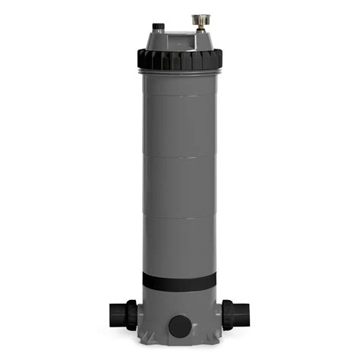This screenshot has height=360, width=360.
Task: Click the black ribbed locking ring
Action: click(179, 58)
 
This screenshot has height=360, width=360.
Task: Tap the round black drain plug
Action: click(179, 326)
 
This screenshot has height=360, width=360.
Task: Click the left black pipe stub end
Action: click(116, 313)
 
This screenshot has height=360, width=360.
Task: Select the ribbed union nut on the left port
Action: click(131, 314)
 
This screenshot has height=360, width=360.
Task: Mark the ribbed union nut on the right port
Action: click(227, 314)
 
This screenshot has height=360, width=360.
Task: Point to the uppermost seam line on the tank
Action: click(179, 96)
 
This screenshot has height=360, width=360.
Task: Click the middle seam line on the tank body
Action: click(179, 157)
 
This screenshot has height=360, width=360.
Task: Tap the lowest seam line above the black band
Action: click(179, 219)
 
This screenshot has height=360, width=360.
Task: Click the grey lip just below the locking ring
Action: click(179, 71)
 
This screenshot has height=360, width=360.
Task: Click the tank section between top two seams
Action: click(179, 127)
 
